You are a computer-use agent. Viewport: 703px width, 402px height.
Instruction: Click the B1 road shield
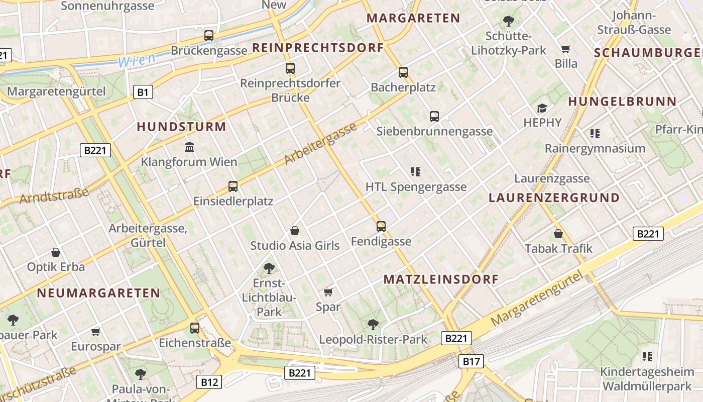143,92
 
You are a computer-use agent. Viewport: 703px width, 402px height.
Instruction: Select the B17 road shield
471,361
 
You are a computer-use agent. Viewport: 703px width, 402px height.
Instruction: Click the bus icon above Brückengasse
209,36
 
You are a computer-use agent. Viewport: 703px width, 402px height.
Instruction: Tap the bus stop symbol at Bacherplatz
403,72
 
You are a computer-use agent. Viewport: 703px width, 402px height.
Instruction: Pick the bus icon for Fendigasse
381,227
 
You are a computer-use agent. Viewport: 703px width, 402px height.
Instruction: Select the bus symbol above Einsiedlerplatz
233,186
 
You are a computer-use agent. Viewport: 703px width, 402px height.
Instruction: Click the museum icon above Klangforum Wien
189,147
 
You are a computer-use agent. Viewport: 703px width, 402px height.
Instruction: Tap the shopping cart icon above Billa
566,49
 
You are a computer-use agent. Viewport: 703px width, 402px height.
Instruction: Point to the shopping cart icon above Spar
328,292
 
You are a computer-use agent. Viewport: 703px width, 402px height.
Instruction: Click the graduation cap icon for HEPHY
542,108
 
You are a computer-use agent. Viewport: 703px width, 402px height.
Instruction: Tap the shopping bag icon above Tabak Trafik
558,234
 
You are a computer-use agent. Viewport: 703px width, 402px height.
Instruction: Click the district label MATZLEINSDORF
441,279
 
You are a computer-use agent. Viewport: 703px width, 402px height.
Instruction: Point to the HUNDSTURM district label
181,127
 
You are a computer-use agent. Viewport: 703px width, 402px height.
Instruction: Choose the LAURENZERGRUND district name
554,197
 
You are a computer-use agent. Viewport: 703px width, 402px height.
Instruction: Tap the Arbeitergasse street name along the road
321,144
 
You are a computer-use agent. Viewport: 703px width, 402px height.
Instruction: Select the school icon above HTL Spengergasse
415,172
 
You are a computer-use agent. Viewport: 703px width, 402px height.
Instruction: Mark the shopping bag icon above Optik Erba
56,252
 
